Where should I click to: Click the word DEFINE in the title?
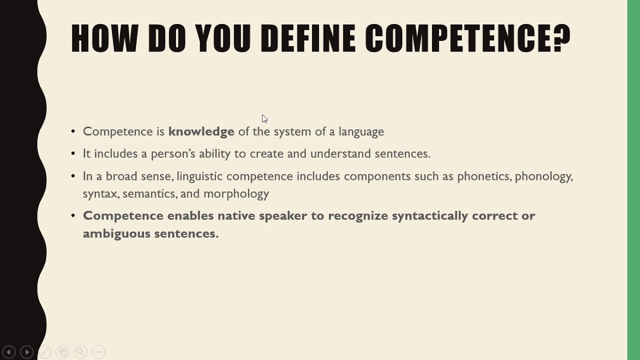[x=307, y=38]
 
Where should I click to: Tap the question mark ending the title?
[x=561, y=38]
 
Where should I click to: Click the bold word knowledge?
[x=201, y=131]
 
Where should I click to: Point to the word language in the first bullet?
[x=361, y=132]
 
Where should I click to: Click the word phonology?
[x=543, y=176]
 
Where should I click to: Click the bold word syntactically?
[x=429, y=216]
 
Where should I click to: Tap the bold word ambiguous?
[x=116, y=233]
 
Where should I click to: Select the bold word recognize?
[x=357, y=216]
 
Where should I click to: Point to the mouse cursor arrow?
[x=264, y=118]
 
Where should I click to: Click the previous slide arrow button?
[x=9, y=352]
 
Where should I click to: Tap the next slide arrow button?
[x=27, y=352]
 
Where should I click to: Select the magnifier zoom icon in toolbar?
[x=80, y=352]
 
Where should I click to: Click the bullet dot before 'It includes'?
[x=73, y=153]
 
